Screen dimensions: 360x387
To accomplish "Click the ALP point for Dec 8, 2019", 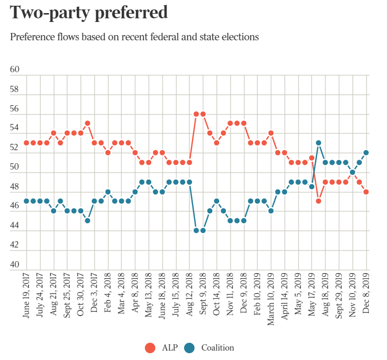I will click(366, 192).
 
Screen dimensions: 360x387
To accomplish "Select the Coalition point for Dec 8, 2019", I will click(366, 153).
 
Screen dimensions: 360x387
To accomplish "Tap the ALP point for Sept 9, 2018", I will click(202, 114).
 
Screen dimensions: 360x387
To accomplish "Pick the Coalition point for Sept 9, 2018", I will click(202, 230).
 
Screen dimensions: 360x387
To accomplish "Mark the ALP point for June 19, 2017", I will click(27, 143).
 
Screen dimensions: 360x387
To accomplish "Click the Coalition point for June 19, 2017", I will click(27, 201).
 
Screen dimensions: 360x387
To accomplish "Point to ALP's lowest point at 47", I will click(318, 201).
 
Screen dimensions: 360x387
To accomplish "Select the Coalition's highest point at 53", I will click(318, 143).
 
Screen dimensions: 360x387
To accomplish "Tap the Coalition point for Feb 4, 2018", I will click(108, 192).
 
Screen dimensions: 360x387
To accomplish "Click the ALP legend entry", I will click(161, 348).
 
